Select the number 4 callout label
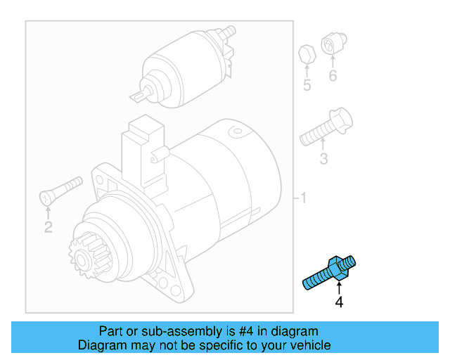[x=339, y=302]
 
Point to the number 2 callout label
[x=48, y=226]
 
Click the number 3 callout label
[x=323, y=159]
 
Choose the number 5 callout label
[x=307, y=86]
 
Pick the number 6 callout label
[x=333, y=76]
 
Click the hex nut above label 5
[x=306, y=53]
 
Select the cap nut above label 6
[x=331, y=44]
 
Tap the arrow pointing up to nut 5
[x=307, y=70]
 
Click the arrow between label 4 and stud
[x=339, y=288]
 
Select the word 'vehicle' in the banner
[x=310, y=345]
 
